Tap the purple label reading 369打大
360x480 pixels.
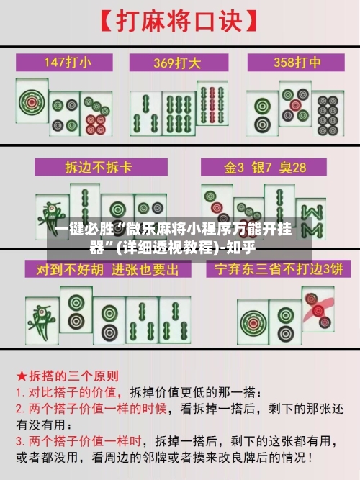point(179,62)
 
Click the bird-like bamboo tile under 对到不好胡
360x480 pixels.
point(40,317)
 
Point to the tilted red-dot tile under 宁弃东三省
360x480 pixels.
point(318,309)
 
